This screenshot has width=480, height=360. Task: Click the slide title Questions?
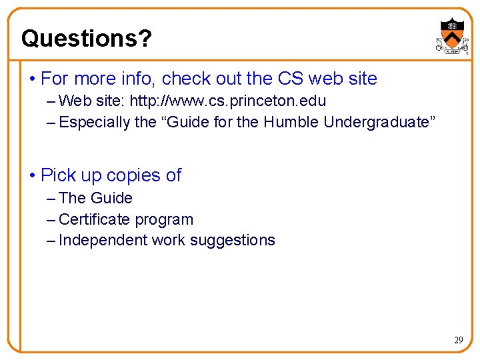86,39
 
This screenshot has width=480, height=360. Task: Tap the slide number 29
458,340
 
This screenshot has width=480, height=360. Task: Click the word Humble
291,122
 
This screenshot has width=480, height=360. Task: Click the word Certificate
95,219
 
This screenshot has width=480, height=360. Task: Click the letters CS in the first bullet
290,79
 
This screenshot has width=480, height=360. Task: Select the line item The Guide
95,198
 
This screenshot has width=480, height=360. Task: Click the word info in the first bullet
139,79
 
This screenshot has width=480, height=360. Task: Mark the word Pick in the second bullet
57,175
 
